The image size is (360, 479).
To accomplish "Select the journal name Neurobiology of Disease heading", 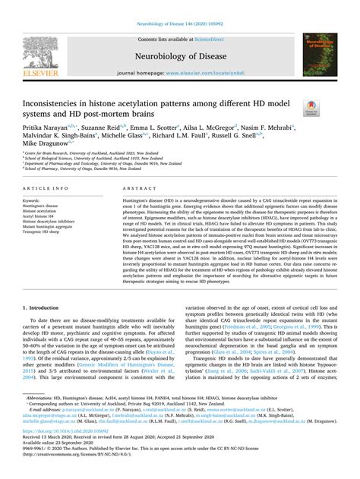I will tap(179, 55).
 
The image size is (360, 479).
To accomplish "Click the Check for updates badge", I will tap(311, 109).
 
